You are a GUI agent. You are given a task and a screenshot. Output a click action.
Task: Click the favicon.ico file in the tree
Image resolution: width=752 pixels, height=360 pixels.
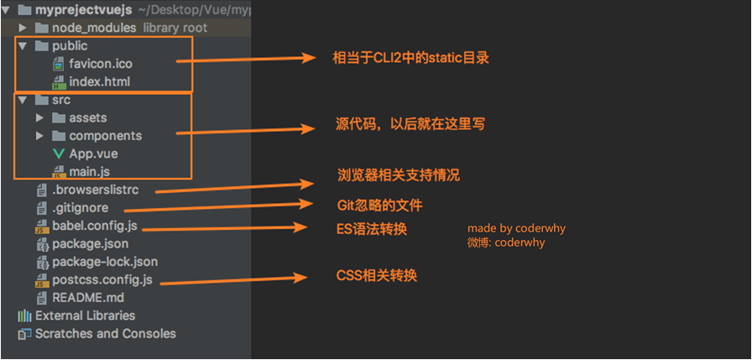[x=100, y=64]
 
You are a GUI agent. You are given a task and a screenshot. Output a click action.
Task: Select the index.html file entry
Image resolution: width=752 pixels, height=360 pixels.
[x=99, y=81]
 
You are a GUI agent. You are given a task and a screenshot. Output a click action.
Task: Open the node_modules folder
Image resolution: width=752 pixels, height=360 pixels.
[x=93, y=28]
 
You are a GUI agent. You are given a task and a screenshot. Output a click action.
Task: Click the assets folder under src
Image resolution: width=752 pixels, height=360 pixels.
[x=87, y=117]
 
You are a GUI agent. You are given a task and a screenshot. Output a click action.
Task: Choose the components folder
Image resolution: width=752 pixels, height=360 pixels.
[x=105, y=135]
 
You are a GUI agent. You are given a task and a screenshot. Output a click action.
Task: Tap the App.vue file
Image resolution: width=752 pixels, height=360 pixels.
[x=93, y=154]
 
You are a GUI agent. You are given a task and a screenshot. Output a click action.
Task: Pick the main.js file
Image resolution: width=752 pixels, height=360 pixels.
[x=89, y=172]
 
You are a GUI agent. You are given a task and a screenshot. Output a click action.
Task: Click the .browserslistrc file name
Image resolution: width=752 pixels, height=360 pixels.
[x=94, y=190]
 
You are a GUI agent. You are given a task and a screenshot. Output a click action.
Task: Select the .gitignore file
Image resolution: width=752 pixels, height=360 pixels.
[x=80, y=208]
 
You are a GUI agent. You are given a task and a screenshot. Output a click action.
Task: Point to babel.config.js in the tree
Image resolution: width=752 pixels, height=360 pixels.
[x=94, y=226]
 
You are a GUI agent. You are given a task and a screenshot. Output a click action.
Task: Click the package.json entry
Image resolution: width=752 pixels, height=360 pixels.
[x=90, y=244]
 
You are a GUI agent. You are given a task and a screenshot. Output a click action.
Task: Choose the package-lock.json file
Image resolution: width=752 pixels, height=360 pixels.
[x=104, y=262]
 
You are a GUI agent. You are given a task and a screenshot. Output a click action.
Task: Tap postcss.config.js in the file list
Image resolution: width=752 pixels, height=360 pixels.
[x=102, y=279]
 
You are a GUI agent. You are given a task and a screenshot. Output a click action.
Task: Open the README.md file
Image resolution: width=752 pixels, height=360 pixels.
[x=87, y=298]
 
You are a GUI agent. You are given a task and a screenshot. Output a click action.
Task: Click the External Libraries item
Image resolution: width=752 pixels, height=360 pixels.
[x=85, y=316]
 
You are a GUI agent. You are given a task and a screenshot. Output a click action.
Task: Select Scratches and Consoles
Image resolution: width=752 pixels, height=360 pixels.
[x=105, y=333]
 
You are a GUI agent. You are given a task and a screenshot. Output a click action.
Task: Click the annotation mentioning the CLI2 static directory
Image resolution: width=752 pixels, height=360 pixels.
[x=410, y=58]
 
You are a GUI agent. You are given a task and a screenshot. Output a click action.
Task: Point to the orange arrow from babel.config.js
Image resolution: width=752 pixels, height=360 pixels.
[x=223, y=227]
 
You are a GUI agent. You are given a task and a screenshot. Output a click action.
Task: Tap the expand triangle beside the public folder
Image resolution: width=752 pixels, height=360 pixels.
[x=23, y=46]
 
